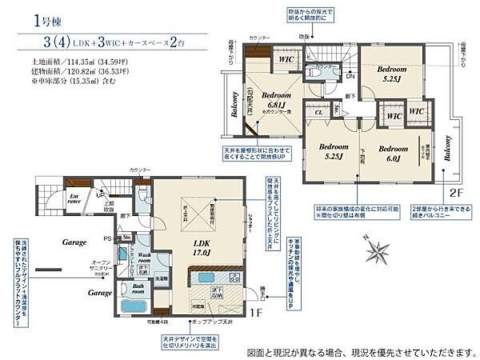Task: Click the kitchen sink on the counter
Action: [x=206, y=277]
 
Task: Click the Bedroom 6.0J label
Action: [x=393, y=153]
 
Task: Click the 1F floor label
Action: [x=258, y=314]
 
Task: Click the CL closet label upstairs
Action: [x=318, y=114]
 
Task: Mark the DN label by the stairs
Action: [x=350, y=76]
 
